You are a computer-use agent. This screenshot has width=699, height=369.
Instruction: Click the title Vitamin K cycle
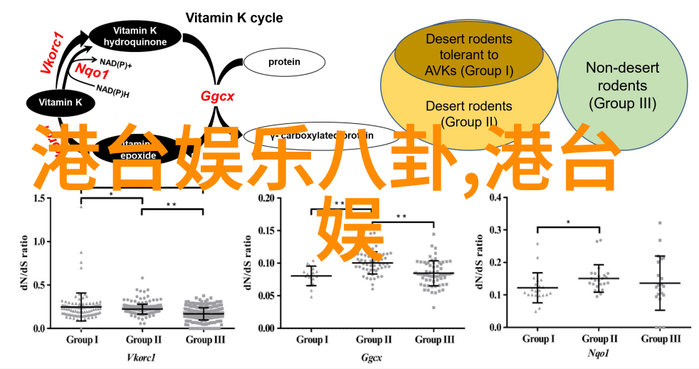pyautogui.click(x=233, y=18)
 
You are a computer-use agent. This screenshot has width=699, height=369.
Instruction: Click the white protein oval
pyautogui.click(x=284, y=62)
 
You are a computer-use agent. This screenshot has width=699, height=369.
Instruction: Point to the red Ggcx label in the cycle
pyautogui.click(x=217, y=95)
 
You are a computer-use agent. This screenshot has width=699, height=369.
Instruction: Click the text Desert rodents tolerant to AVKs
pyautogui.click(x=468, y=54)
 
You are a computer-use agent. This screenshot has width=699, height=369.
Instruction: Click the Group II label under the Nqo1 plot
pyautogui.click(x=599, y=339)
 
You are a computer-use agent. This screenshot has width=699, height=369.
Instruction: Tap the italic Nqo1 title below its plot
pyautogui.click(x=599, y=353)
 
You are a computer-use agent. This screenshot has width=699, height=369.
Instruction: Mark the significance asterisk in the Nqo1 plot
pyautogui.click(x=568, y=222)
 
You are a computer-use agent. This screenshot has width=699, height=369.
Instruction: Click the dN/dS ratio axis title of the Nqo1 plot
pyautogui.click(x=475, y=261)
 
